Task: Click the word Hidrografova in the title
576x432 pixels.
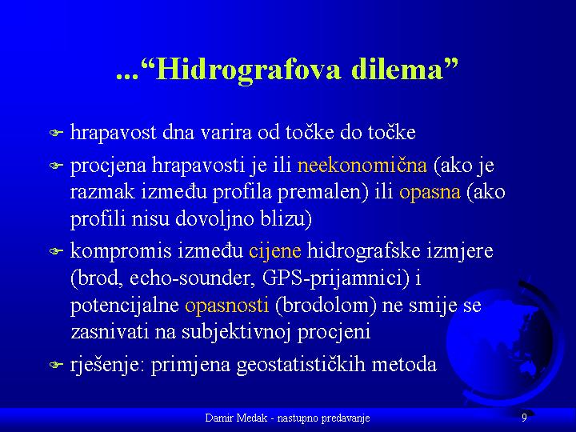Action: [x=248, y=70]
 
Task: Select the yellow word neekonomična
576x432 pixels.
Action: [x=362, y=166]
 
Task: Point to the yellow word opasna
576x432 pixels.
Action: [x=430, y=193]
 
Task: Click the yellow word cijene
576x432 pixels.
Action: [x=274, y=252]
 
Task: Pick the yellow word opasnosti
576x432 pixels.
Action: [x=226, y=306]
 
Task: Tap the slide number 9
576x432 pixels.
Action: [x=524, y=418]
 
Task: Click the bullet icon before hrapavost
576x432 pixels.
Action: [x=57, y=132]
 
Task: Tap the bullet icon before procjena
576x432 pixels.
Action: [x=57, y=166]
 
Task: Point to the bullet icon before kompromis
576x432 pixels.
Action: [x=57, y=251]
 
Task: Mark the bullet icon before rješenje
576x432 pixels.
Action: [x=57, y=365]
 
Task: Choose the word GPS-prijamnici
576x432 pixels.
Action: [x=335, y=279]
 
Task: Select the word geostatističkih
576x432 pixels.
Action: [x=301, y=366]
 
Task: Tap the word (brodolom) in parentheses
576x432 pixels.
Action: [x=326, y=306]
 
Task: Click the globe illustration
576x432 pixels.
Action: [x=505, y=342]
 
